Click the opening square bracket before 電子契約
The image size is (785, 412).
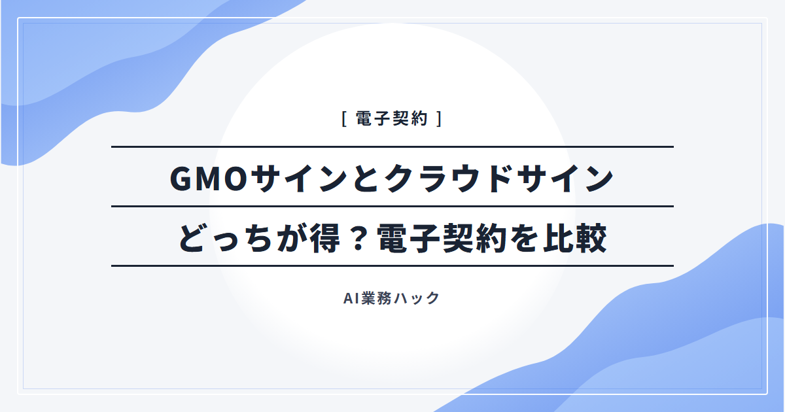(344, 118)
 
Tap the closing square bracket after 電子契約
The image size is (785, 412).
(440, 118)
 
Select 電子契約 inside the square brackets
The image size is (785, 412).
(392, 118)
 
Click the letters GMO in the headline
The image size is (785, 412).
(209, 179)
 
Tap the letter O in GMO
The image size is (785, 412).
(236, 179)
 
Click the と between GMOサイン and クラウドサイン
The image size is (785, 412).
(366, 179)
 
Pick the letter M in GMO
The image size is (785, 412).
(209, 179)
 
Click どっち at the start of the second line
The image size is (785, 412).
(226, 238)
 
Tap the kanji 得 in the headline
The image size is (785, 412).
(326, 238)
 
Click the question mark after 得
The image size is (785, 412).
(358, 238)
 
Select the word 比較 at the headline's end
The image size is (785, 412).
(575, 238)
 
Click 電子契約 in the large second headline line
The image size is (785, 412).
(442, 238)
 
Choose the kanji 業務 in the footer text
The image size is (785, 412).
(376, 298)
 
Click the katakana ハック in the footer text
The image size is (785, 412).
(416, 298)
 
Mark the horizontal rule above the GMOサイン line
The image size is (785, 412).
(392, 146)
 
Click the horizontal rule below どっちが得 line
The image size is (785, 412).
(392, 266)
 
